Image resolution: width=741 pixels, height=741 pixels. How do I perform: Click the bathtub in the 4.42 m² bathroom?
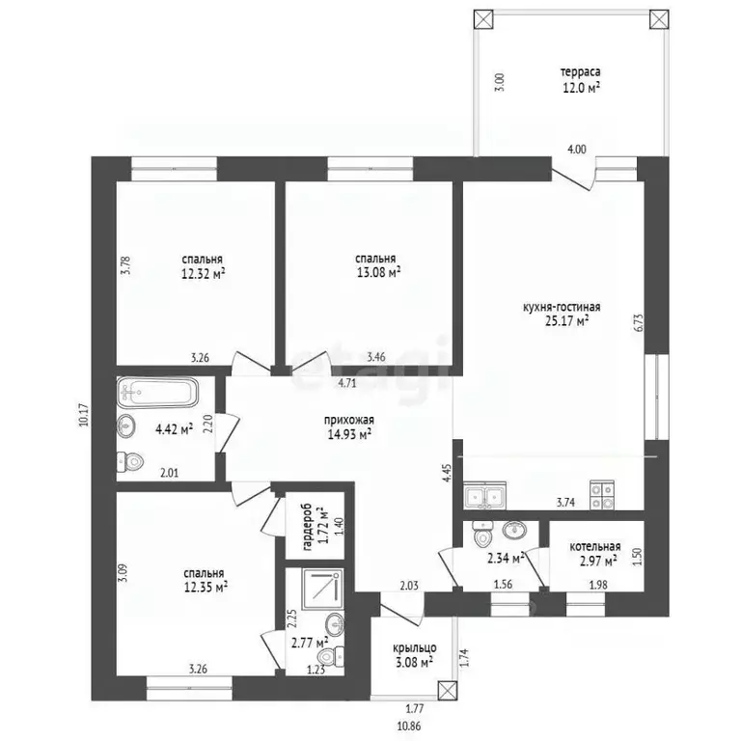click(157, 392)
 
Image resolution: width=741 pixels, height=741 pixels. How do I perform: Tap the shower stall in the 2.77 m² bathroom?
click(322, 590)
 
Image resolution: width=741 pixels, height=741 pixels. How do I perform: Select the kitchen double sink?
click(485, 496)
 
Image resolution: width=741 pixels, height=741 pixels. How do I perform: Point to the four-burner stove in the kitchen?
click(602, 495)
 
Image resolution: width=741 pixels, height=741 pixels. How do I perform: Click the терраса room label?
click(580, 72)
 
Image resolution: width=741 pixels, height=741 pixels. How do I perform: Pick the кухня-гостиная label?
click(562, 307)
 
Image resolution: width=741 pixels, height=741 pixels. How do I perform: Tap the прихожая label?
click(349, 420)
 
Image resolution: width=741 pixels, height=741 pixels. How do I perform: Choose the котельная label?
click(595, 547)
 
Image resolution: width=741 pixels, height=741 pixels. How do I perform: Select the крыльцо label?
click(415, 648)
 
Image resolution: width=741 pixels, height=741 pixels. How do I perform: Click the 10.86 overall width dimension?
click(409, 727)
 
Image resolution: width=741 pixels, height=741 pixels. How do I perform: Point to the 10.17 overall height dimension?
click(84, 416)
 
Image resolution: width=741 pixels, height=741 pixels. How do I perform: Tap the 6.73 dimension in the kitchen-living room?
click(640, 323)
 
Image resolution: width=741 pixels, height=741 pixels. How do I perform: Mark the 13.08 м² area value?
click(378, 273)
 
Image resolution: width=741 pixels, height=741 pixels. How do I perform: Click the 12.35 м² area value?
click(206, 587)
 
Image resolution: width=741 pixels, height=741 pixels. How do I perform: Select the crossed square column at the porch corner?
click(448, 690)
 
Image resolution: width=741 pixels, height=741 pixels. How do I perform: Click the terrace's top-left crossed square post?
click(483, 20)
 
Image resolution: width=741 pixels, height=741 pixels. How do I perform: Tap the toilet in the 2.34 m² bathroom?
click(482, 534)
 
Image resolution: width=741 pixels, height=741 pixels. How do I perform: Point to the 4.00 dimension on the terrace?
click(577, 150)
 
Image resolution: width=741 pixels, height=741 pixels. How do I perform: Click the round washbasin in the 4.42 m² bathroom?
click(126, 425)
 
